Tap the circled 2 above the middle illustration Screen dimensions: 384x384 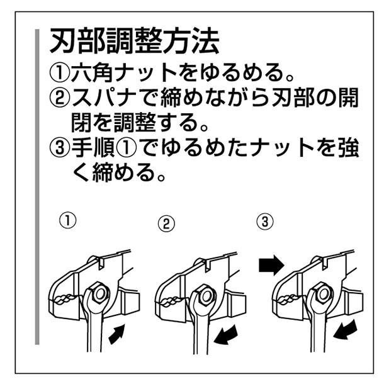click(x=166, y=223)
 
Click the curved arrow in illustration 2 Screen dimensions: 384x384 click(x=227, y=335)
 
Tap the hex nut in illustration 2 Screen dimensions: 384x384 click(x=203, y=295)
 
